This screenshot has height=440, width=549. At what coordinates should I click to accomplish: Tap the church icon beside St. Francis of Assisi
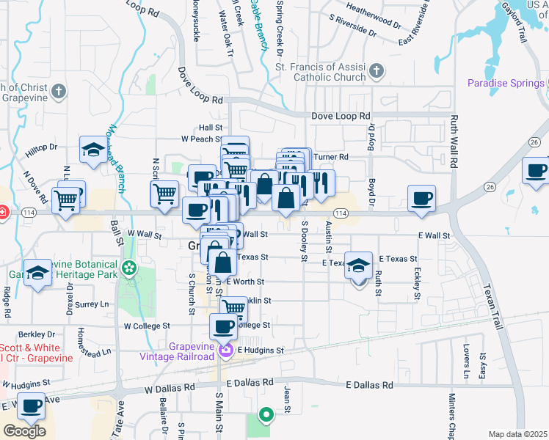click(377, 71)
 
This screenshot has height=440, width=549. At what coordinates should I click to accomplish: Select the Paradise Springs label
click(506, 83)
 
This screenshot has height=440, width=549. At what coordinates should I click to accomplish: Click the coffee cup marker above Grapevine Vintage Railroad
click(224, 326)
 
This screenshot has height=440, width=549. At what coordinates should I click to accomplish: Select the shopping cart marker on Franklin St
click(233, 308)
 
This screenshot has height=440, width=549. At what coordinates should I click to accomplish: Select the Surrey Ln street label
click(91, 304)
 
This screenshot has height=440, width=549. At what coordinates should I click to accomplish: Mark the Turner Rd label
click(330, 157)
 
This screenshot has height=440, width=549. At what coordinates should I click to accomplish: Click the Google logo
click(24, 431)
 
